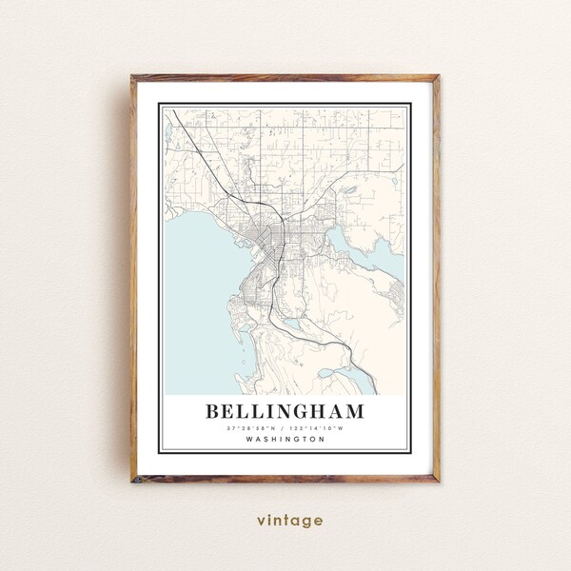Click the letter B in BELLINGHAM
[x=213, y=412]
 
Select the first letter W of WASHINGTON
[x=248, y=440]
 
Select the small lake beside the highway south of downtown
[x=292, y=324]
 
